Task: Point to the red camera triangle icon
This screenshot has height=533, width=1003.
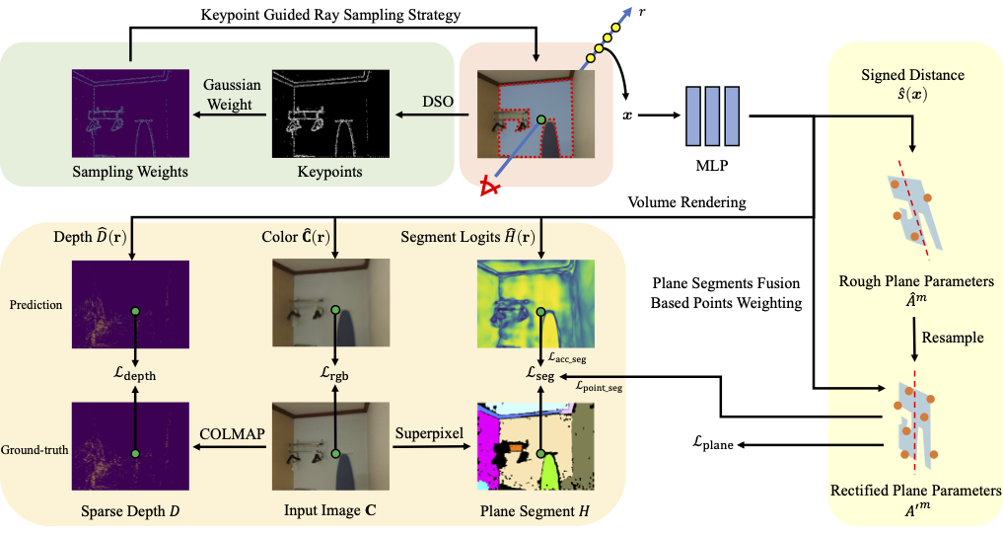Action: pyautogui.click(x=487, y=186)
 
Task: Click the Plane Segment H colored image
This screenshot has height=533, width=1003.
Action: pyautogui.click(x=535, y=445)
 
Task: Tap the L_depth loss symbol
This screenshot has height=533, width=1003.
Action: pyautogui.click(x=135, y=375)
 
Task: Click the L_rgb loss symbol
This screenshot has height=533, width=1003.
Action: pyautogui.click(x=335, y=375)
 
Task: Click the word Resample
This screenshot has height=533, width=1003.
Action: pyautogui.click(x=951, y=337)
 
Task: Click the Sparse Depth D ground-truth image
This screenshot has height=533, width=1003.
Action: pyautogui.click(x=129, y=445)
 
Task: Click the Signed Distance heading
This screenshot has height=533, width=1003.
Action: pyautogui.click(x=913, y=75)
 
